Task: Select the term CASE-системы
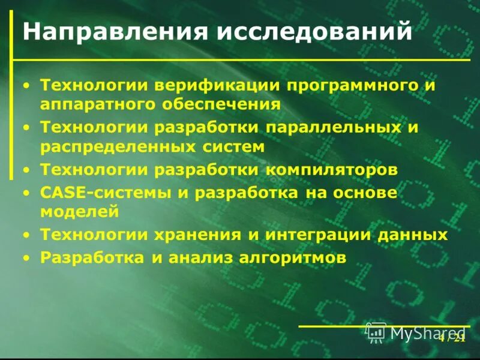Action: (108, 193)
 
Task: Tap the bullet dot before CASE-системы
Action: (26, 193)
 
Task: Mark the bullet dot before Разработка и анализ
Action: (26, 259)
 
